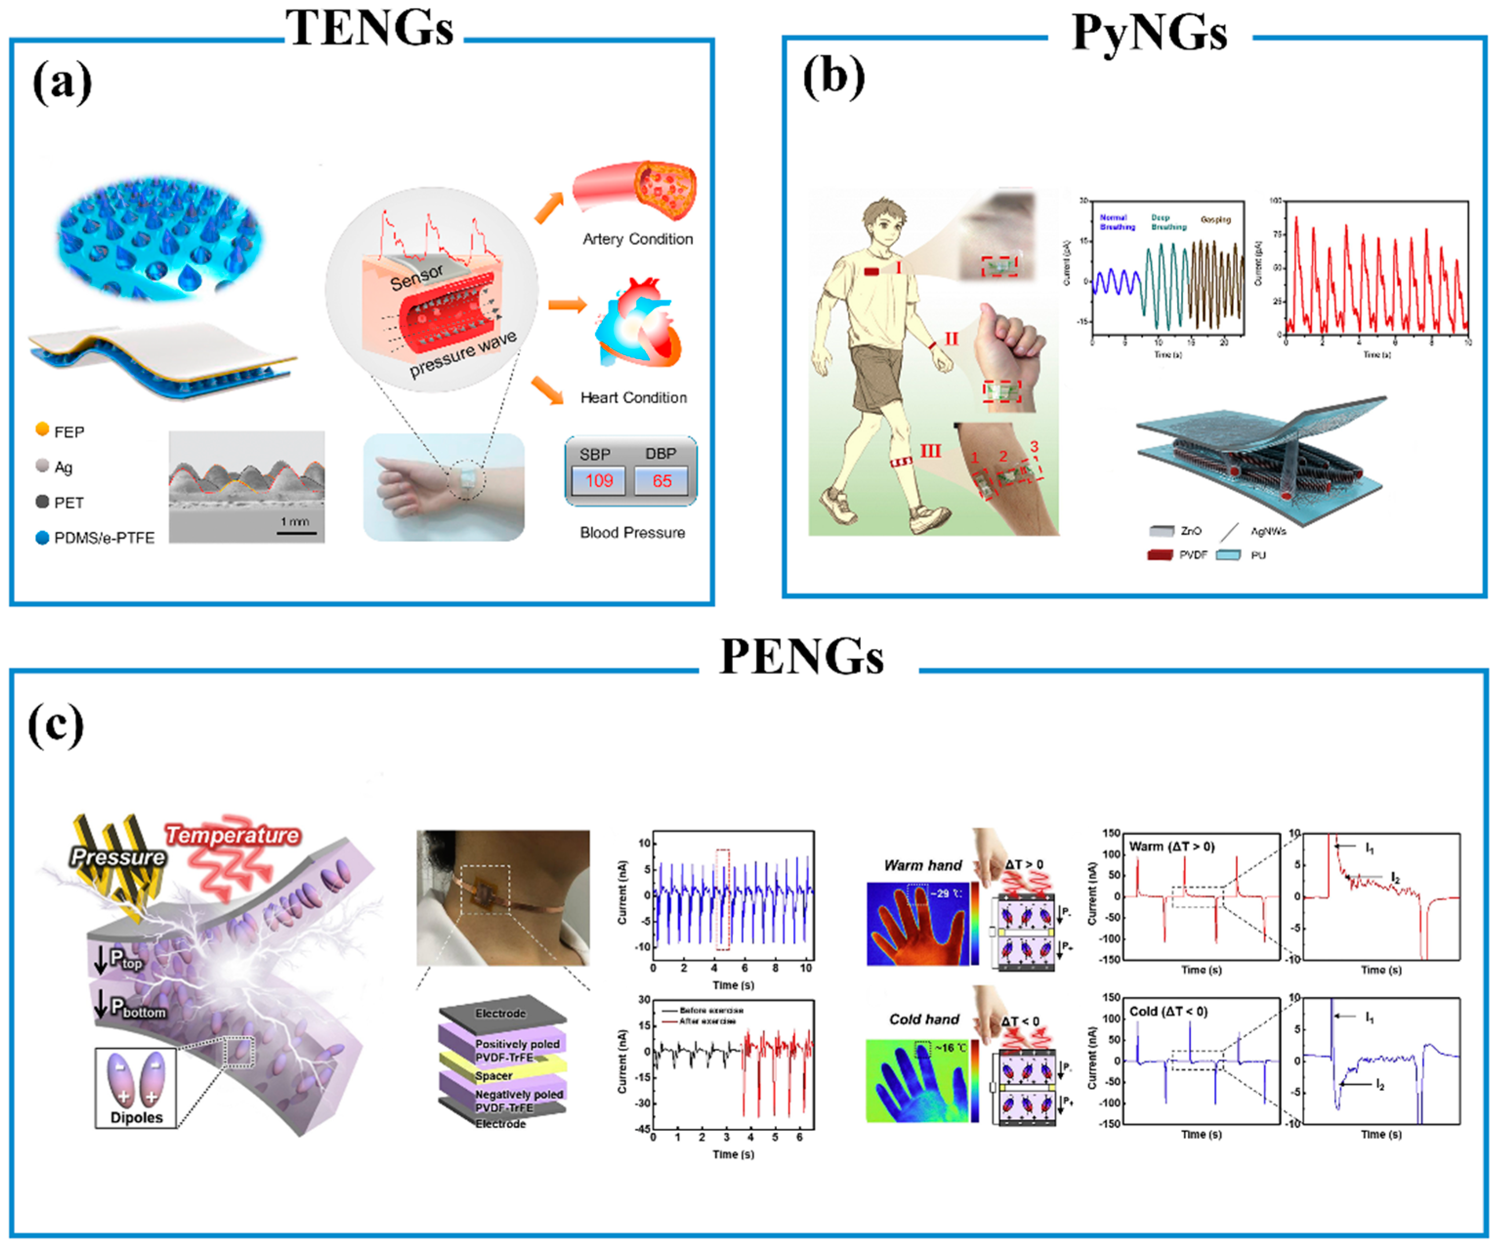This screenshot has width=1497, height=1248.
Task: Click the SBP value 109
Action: pyautogui.click(x=599, y=481)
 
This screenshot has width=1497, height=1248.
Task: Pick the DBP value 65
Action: pyautogui.click(x=662, y=481)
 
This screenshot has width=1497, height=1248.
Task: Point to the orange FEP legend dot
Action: pyautogui.click(x=42, y=429)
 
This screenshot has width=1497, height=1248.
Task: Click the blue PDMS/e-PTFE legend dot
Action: pyautogui.click(x=42, y=537)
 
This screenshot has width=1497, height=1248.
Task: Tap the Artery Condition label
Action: pyautogui.click(x=637, y=239)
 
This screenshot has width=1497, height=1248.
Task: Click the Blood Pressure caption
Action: pyautogui.click(x=632, y=532)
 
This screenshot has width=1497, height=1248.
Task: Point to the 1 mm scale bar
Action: pyautogui.click(x=296, y=532)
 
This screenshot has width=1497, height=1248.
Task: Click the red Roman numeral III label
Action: pyautogui.click(x=930, y=451)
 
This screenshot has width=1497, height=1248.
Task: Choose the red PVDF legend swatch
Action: pyautogui.click(x=1160, y=554)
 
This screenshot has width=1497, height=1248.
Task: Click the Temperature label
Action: pyautogui.click(x=232, y=835)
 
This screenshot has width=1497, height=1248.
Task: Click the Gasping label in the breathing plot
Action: pyautogui.click(x=1215, y=220)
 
